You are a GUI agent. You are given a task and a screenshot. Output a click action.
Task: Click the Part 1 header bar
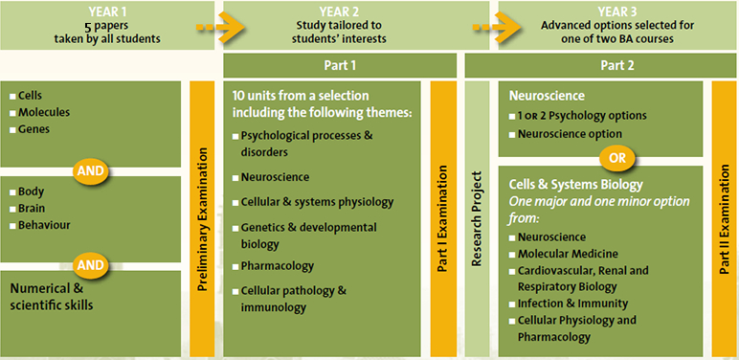point(340,65)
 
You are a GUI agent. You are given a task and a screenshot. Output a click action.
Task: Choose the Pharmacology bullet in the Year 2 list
point(278,265)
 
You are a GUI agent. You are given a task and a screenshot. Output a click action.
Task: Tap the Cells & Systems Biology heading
point(576,184)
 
